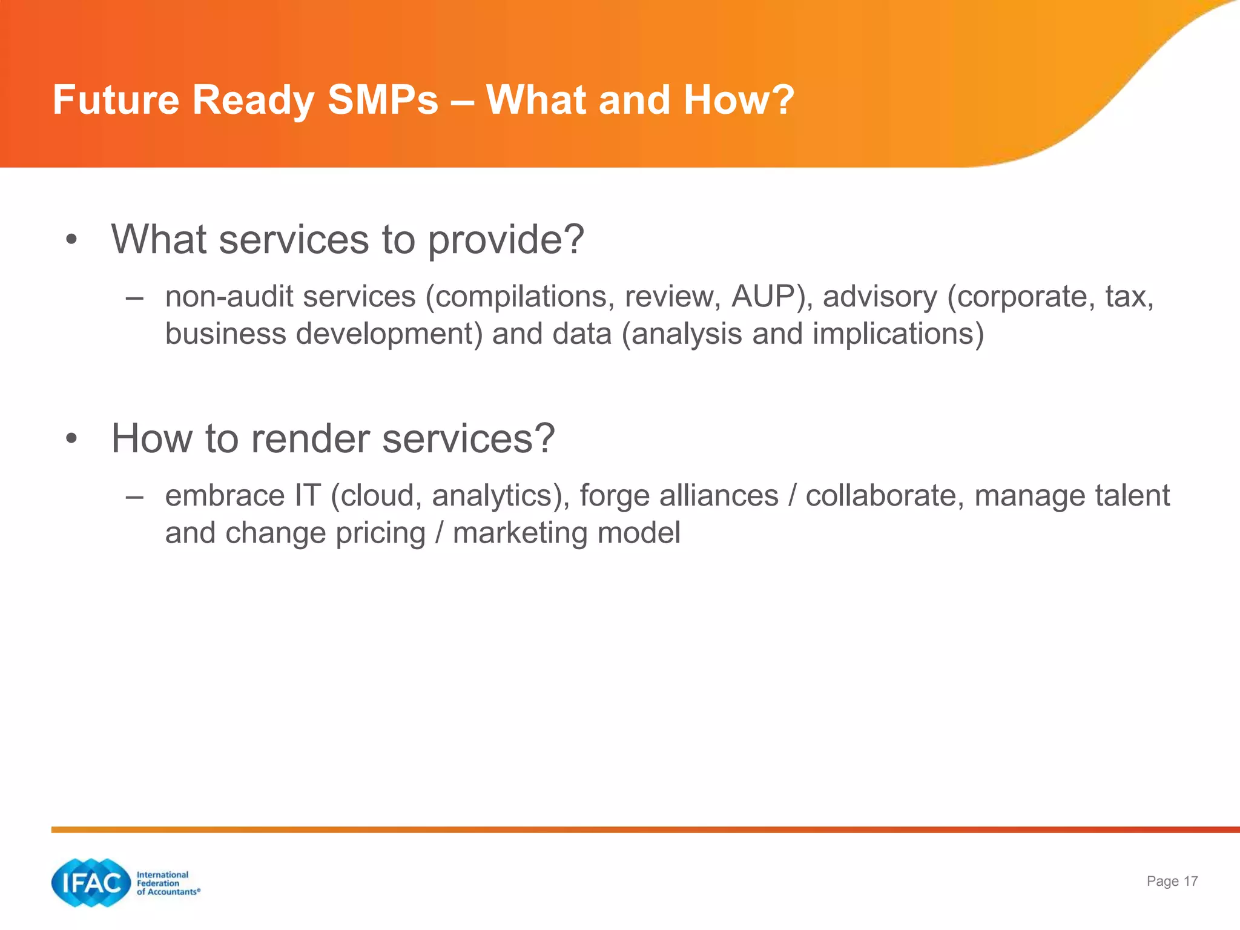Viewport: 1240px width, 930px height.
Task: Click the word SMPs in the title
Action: click(383, 100)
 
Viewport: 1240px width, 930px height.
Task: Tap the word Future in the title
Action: click(116, 100)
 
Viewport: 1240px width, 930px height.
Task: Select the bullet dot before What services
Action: click(71, 240)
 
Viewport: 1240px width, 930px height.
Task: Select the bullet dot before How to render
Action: click(71, 439)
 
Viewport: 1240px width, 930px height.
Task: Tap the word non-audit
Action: click(229, 297)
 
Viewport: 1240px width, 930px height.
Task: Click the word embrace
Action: click(225, 496)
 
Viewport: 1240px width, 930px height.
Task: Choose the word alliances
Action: click(719, 496)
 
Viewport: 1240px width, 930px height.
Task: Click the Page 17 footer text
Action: click(1172, 882)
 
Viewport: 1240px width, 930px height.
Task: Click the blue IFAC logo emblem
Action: click(91, 883)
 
